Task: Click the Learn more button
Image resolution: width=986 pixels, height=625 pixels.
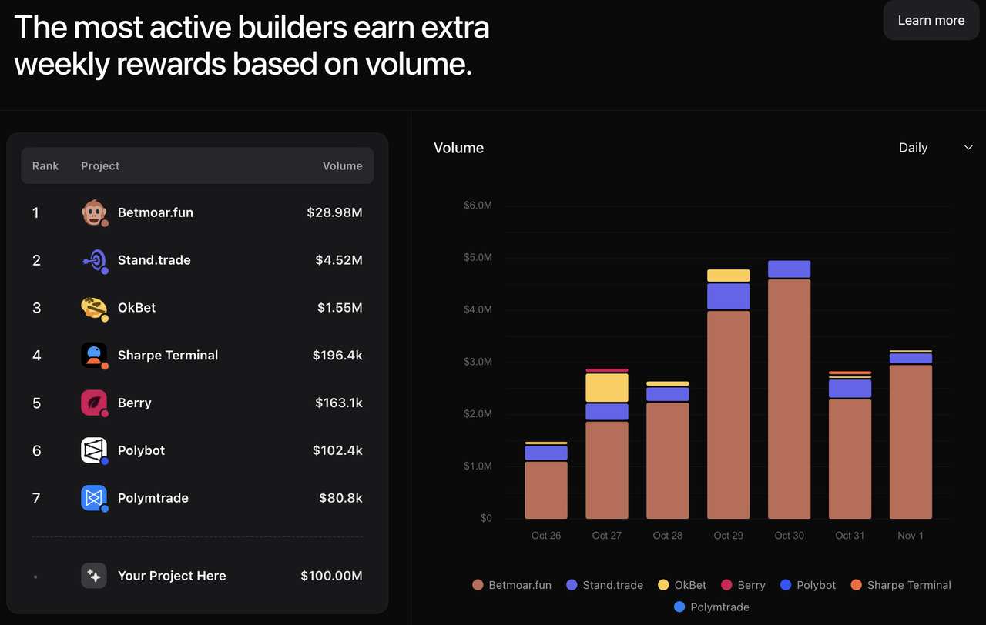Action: (931, 21)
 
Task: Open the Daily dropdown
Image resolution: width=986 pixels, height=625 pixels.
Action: (935, 148)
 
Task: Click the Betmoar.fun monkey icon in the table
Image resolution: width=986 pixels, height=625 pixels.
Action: (94, 212)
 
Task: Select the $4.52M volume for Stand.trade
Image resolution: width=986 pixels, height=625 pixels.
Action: (338, 260)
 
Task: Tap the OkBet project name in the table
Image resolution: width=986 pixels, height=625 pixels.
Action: (136, 308)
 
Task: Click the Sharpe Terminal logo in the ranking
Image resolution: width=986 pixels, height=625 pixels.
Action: (94, 356)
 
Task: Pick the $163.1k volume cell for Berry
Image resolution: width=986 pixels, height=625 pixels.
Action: (338, 403)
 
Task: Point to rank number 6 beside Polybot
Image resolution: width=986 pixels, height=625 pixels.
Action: (36, 451)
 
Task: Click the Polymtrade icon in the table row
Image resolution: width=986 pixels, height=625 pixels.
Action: (94, 498)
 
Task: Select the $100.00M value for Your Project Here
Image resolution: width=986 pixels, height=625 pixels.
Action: (331, 576)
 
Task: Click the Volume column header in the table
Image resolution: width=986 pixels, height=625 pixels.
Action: (342, 166)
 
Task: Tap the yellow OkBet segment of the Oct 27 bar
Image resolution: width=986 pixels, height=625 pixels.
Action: (607, 388)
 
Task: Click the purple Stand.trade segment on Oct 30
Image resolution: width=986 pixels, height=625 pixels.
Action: (789, 269)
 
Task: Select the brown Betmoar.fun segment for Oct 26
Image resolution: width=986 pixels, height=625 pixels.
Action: (546, 490)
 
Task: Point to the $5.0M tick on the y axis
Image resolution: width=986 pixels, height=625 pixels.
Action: (478, 258)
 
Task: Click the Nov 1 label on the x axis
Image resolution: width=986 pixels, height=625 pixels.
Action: (911, 536)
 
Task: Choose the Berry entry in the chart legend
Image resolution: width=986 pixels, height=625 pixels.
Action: (743, 585)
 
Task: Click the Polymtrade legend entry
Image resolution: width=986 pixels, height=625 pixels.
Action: (712, 607)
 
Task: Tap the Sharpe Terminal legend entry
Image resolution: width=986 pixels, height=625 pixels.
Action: (900, 585)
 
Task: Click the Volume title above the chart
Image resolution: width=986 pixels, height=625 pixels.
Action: (458, 148)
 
